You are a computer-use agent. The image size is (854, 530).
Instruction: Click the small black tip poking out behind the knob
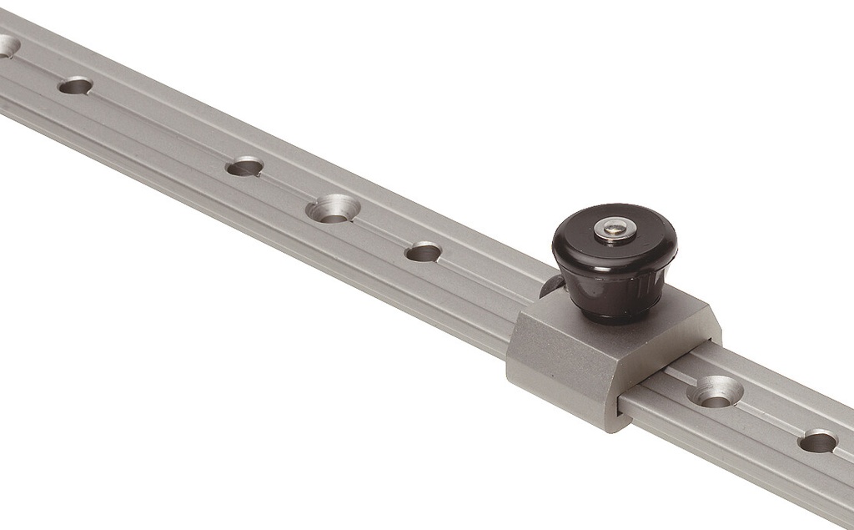click(x=550, y=287)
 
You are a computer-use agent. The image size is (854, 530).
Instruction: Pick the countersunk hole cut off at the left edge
click(x=7, y=46)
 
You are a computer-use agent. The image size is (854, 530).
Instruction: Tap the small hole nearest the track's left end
click(x=75, y=85)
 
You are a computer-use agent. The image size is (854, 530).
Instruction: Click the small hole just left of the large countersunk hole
click(x=244, y=167)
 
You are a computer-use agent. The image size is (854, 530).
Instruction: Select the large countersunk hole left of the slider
click(x=333, y=208)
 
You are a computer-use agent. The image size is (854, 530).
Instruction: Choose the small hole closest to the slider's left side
click(x=423, y=251)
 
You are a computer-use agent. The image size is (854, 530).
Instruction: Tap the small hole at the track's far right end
click(x=817, y=441)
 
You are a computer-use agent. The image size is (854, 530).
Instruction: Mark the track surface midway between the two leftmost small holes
click(x=158, y=125)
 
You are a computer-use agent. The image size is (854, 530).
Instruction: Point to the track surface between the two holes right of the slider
click(x=767, y=415)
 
